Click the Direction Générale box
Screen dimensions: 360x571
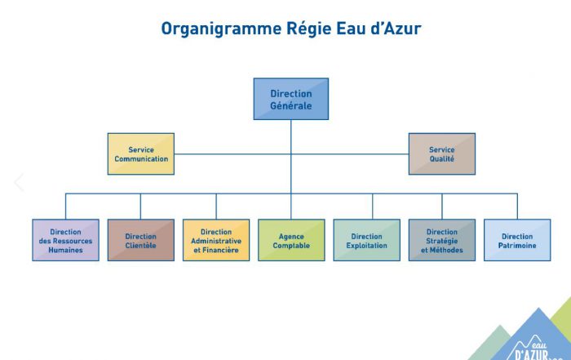(291, 99)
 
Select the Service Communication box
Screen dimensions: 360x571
(141, 154)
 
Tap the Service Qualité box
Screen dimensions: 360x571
(442, 154)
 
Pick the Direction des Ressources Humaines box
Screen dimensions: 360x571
(66, 240)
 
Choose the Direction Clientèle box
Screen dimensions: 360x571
(141, 240)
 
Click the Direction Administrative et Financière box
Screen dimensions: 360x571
(216, 240)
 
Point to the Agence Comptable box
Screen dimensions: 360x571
(291, 240)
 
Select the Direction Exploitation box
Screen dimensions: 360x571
(367, 240)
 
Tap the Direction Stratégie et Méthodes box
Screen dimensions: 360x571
(442, 240)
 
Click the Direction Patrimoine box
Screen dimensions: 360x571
(517, 240)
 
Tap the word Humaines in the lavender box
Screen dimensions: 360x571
(66, 250)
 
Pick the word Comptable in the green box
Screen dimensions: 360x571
(291, 246)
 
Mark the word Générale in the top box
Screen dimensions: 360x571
(291, 105)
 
